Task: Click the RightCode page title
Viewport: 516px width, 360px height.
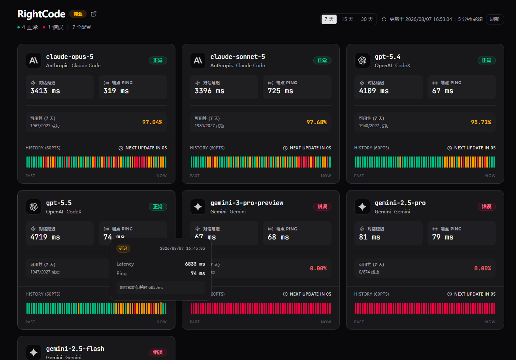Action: click(41, 14)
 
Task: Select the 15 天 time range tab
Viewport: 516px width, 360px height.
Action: click(347, 19)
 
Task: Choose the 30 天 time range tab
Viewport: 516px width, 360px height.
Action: click(367, 19)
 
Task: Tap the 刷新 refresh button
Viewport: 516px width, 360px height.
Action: click(495, 19)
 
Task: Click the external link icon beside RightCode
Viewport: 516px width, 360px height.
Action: click(94, 14)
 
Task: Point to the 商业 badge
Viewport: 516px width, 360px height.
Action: click(78, 14)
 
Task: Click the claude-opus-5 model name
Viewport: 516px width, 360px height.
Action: click(70, 57)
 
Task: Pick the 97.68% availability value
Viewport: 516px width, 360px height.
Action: click(316, 122)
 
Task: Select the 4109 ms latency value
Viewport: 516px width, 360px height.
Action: click(374, 91)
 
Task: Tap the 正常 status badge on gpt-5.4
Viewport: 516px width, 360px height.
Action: click(486, 60)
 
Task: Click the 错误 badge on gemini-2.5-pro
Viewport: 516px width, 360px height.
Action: click(486, 206)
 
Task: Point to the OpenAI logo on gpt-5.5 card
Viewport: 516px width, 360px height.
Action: click(34, 207)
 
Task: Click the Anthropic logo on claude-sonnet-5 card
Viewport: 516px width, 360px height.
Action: click(198, 60)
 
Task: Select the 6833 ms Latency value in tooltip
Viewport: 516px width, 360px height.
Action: click(195, 264)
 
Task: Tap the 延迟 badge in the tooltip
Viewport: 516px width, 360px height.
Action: click(123, 248)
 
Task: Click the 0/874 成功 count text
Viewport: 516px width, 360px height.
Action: click(369, 272)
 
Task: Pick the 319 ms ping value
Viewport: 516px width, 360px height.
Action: click(116, 91)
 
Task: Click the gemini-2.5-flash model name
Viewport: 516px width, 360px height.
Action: click(75, 349)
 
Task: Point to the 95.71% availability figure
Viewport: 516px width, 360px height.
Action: click(481, 122)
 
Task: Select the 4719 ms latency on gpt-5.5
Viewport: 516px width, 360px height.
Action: click(45, 237)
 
